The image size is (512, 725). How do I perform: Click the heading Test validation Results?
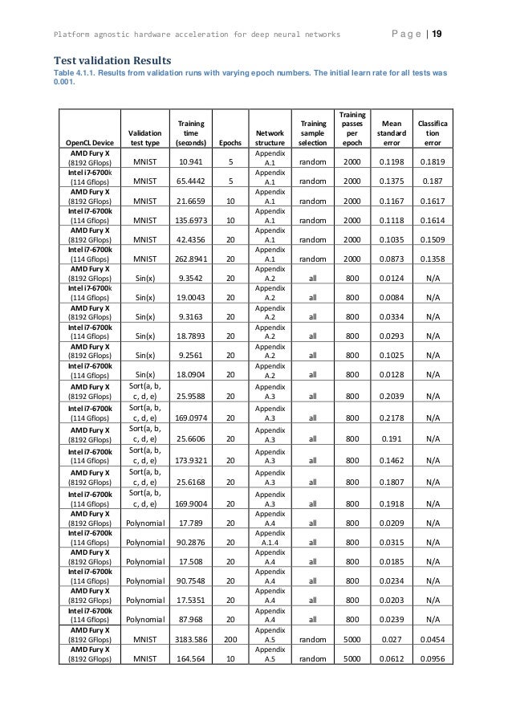coord(112,59)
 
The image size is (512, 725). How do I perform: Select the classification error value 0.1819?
coord(432,161)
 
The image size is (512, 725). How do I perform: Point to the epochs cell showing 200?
coord(230,638)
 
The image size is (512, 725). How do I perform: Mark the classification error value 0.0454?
coord(432,638)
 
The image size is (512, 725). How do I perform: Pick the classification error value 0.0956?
coord(432,658)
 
